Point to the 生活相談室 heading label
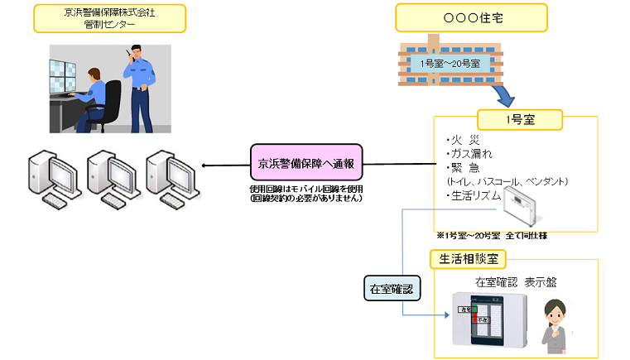[x=468, y=259]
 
